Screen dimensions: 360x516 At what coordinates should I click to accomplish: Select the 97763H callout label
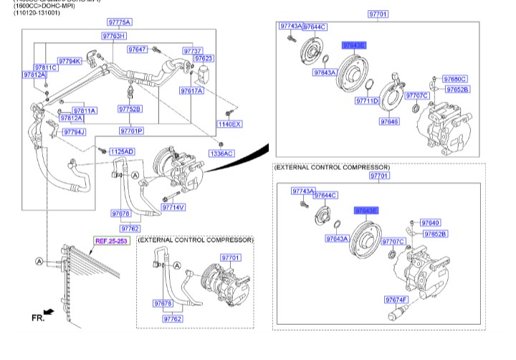coord(113,36)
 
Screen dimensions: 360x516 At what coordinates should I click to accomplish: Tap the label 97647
coord(138,49)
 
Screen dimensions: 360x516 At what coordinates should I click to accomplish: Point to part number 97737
coord(192,51)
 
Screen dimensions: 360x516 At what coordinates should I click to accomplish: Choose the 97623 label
coord(204,59)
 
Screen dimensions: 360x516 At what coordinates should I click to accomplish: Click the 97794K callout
coord(70,61)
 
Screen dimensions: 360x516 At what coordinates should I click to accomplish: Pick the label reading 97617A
coord(192,91)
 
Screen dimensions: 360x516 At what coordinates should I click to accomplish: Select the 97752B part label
coord(130,109)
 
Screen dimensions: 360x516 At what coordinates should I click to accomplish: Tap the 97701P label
coord(131,131)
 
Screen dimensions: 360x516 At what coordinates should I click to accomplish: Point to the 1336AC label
coord(221,153)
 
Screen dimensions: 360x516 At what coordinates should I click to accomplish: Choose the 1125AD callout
coord(122,151)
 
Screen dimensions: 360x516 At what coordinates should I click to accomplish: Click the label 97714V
coord(173,207)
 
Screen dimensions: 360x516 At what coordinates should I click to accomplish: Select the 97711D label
coord(366,101)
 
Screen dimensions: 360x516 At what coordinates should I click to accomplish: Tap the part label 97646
coord(389,122)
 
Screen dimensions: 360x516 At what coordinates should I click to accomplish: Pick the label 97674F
coord(396,299)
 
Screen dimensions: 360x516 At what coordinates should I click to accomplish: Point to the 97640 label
coord(431,223)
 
